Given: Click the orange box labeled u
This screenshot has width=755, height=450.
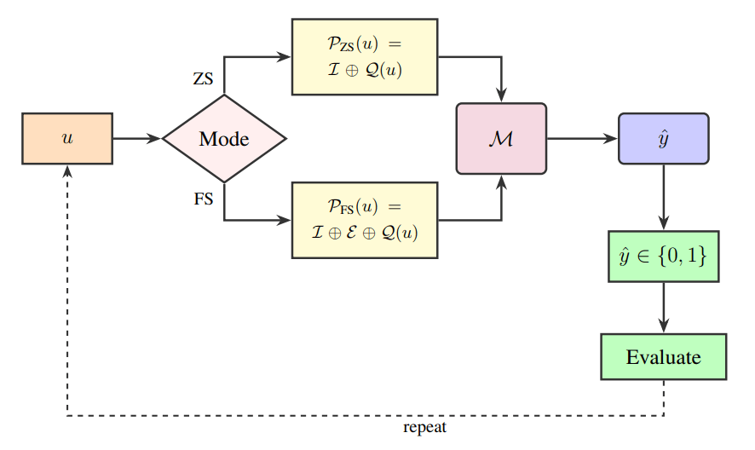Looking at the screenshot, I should pos(66,138).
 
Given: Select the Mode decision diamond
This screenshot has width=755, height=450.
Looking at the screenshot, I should pos(224,138).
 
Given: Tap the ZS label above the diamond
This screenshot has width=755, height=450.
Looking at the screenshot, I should pos(203,79).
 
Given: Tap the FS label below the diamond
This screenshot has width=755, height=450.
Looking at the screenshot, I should pos(203,199).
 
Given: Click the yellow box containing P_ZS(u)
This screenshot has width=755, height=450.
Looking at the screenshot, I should pos(364,57).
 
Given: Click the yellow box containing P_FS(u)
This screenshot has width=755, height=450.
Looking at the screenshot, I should pos(364,220).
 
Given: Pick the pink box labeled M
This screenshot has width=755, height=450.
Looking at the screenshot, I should pos(501,138).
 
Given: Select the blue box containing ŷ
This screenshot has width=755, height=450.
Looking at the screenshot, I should pos(663,138).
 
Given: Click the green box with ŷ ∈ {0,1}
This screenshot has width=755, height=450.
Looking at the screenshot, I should pos(663,256).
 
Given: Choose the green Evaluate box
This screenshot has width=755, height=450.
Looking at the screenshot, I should pos(663,356).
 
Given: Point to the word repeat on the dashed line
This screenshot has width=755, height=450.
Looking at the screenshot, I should pos(425,427).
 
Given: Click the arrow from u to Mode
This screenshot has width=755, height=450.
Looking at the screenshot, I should pos(136,138).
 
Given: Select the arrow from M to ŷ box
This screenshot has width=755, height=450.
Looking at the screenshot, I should pos(581,138).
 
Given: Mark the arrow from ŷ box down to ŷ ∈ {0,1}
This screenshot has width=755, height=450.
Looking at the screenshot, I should pos(663,196).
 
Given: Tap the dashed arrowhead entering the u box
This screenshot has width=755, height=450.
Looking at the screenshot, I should pos(66,170).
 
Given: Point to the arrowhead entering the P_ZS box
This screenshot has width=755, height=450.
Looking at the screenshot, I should pos(285,57).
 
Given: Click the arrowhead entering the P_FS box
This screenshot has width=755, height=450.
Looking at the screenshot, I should pos(285,220).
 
